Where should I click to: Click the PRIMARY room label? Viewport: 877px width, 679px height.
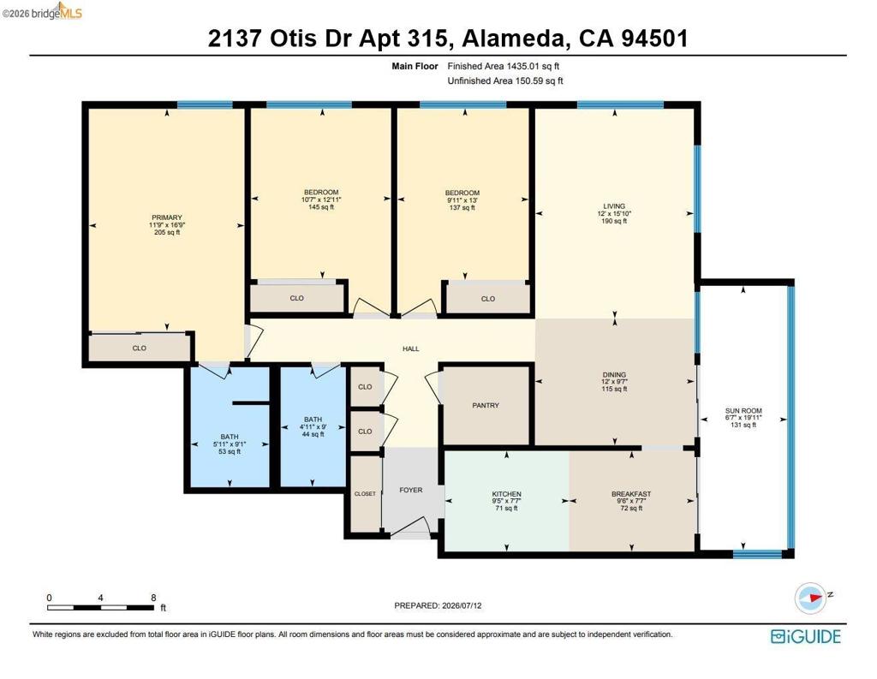coord(167,217)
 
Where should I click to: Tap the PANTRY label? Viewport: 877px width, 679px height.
coord(486,405)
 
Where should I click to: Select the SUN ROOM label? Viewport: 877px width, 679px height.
coord(743,410)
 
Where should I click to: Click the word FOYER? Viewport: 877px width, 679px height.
coord(410,490)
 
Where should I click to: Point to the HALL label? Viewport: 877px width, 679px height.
coord(410,348)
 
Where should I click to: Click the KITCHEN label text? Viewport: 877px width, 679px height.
coord(506,494)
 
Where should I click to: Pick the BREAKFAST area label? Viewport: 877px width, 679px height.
coord(631,494)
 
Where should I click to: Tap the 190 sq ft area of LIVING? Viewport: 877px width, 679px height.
coord(614,221)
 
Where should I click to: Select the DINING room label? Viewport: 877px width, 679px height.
coord(614,375)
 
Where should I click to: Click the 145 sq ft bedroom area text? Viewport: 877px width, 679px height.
coord(321,207)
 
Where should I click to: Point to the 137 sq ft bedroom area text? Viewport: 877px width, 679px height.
coord(462,207)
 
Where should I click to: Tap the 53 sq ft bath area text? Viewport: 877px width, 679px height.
coord(230,451)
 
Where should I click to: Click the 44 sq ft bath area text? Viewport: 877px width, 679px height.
coord(313,434)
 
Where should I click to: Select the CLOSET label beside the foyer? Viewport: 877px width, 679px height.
coord(365,494)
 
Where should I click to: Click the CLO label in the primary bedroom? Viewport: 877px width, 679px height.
coord(140,348)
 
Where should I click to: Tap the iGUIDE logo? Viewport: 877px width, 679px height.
coord(805,636)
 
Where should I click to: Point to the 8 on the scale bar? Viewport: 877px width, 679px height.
coord(153,598)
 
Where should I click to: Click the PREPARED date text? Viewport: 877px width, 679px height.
coord(438,605)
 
